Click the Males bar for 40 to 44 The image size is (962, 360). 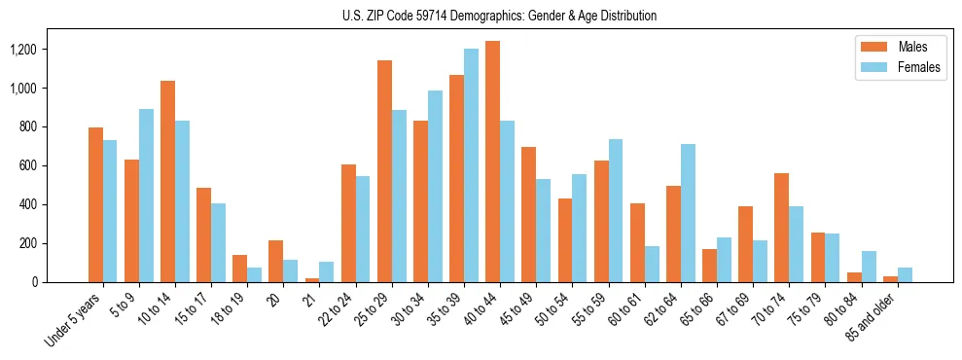[x=492, y=162]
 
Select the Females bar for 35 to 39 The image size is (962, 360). [x=471, y=165]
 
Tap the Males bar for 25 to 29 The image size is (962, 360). [x=384, y=171]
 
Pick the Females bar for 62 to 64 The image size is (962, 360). [x=688, y=213]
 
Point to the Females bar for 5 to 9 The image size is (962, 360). [x=146, y=196]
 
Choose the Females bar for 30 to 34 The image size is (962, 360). [x=435, y=186]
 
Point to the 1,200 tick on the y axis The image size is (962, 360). [x=49, y=50]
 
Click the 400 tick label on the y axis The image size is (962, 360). [x=55, y=204]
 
